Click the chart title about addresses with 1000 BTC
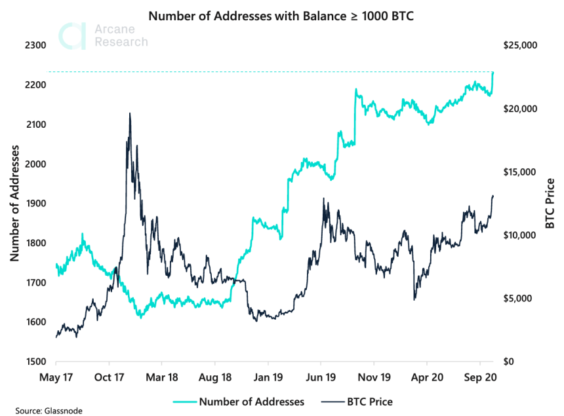[x=281, y=15]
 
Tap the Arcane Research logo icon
[x=71, y=35]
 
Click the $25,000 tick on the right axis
[x=519, y=45]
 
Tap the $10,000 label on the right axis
[x=519, y=235]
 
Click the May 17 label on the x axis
[x=56, y=378]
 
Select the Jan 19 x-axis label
[x=268, y=378]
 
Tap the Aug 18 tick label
[x=214, y=378]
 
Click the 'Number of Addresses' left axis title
[x=14, y=203]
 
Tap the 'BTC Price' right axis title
[x=550, y=203]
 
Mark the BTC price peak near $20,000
[x=129, y=113]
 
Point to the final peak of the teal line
[x=493, y=72]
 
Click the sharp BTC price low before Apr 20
[x=414, y=299]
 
